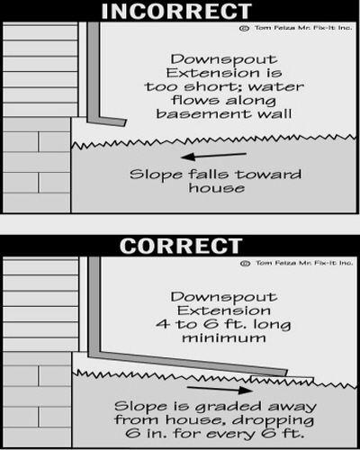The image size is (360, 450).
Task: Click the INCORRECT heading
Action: (x=176, y=11)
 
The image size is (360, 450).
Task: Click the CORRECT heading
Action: (x=181, y=246)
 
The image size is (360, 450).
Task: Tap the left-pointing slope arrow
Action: (x=213, y=156)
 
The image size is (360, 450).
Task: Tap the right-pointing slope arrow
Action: (x=220, y=389)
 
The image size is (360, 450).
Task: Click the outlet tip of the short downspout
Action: (x=125, y=122)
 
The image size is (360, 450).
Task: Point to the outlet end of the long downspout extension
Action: (x=286, y=373)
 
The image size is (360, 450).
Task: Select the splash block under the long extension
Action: (x=282, y=379)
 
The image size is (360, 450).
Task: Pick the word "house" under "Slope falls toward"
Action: (x=217, y=188)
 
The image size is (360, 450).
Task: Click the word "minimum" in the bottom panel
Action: (x=224, y=338)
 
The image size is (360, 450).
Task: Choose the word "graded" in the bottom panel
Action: (x=229, y=408)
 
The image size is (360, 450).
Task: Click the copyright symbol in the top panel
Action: (x=244, y=28)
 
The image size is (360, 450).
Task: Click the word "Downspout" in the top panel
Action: (x=224, y=60)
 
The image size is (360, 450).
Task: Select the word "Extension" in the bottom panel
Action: (x=224, y=310)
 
